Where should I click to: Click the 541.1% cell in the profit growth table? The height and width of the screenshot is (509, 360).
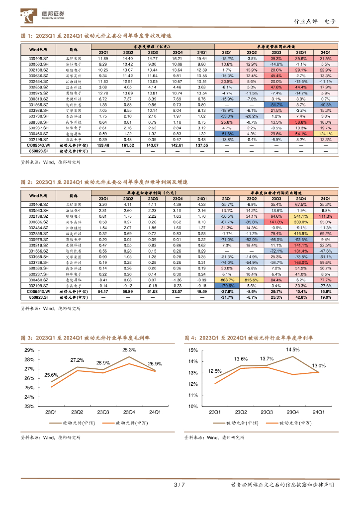[301, 216]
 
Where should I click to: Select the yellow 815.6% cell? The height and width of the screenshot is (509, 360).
[251, 280]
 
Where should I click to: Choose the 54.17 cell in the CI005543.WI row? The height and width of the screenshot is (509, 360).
[103, 291]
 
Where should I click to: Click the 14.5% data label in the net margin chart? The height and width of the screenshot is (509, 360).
[293, 349]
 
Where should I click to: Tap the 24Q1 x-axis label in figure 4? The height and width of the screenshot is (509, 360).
[318, 412]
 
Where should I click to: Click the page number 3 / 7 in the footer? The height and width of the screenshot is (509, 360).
[180, 485]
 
